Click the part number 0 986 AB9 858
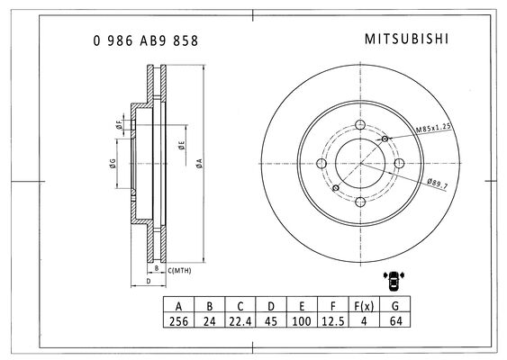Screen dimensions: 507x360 (146, 40)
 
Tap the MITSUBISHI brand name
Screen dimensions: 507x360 (407, 39)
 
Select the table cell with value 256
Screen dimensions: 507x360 (178, 321)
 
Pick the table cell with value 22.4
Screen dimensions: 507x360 (240, 321)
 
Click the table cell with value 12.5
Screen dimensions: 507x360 (333, 321)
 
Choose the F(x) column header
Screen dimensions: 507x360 (364, 305)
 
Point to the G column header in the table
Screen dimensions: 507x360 (394, 305)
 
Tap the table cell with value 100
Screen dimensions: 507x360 (302, 321)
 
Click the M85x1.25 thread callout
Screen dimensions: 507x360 (433, 128)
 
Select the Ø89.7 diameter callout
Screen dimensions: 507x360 (438, 184)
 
